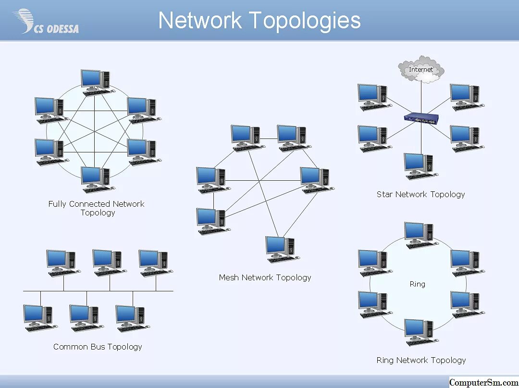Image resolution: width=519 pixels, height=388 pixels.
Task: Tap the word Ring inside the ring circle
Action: (x=417, y=284)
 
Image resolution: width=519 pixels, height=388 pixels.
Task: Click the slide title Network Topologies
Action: (x=259, y=21)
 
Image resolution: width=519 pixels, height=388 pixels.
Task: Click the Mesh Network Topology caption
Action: (x=265, y=277)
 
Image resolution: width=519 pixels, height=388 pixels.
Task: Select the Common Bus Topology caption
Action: (x=98, y=347)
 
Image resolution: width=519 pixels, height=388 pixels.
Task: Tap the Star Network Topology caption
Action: (x=420, y=194)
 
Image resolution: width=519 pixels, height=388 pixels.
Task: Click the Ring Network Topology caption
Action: (x=421, y=360)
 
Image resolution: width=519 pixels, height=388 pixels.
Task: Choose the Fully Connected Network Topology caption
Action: (x=97, y=208)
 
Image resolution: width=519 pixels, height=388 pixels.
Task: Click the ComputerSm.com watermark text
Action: (x=483, y=382)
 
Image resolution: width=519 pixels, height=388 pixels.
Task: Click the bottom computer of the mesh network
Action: (x=281, y=249)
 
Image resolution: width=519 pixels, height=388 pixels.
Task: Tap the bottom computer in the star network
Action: (x=419, y=166)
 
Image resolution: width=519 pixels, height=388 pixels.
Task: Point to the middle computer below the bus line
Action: (x=84, y=317)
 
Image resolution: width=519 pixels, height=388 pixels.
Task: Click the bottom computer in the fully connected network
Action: (x=96, y=179)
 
